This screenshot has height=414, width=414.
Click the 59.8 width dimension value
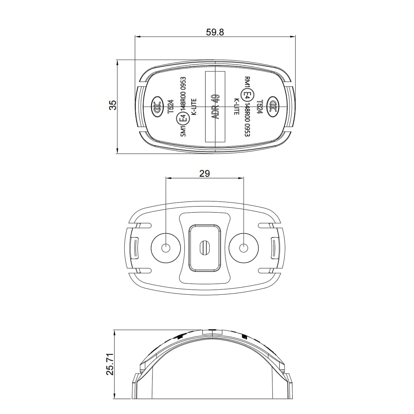tap(215, 32)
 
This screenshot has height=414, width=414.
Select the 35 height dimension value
tap(113, 105)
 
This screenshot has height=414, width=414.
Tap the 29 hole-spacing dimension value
tap(205, 173)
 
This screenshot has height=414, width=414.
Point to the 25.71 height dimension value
tap(110, 364)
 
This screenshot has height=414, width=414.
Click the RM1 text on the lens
tap(247, 82)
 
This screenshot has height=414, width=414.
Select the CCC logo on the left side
tap(157, 108)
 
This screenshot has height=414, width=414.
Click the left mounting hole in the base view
tap(165, 248)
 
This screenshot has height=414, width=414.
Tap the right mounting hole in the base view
tap(243, 248)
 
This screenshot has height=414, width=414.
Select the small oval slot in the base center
tap(204, 247)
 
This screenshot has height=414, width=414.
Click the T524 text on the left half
tap(171, 107)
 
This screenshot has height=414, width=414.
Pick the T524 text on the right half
tap(260, 107)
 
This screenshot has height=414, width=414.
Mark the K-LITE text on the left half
tap(193, 107)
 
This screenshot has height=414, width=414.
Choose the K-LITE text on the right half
tap(237, 107)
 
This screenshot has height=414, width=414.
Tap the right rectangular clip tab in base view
tap(275, 248)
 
